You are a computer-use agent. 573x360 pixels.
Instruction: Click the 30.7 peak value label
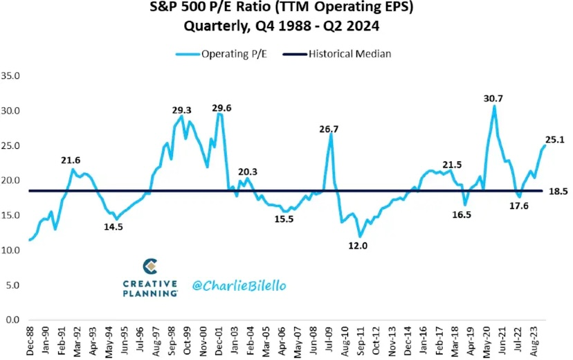493,99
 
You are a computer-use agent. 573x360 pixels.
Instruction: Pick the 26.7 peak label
329,129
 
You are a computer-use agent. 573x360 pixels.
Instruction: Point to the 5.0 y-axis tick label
12,285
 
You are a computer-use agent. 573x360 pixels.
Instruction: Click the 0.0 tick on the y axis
12,320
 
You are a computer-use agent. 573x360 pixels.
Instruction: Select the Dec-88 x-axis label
30,339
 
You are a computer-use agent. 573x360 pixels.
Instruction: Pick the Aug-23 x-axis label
533,339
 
